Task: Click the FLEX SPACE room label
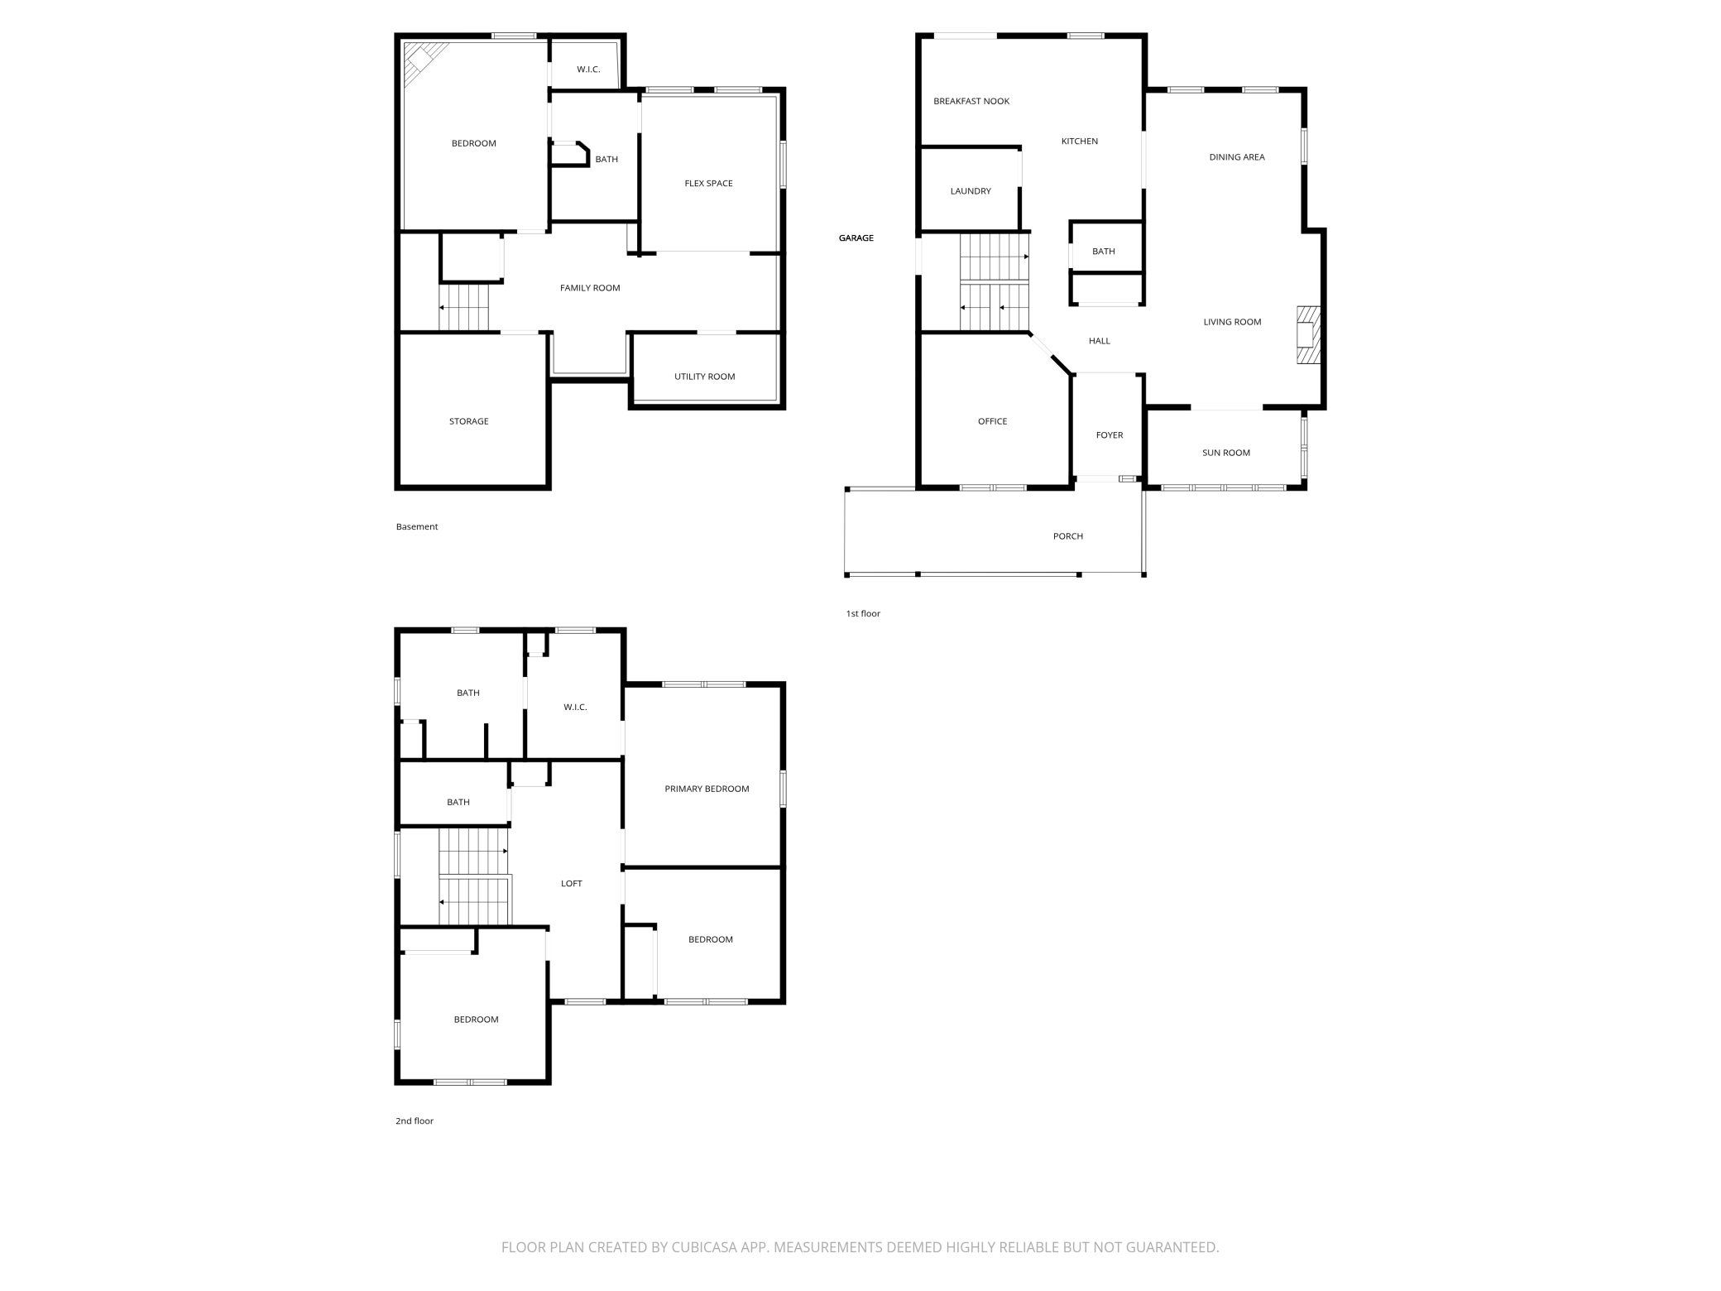tap(708, 184)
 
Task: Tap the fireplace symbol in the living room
tap(1307, 334)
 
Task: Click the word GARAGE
tap(856, 238)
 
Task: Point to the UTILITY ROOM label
tap(704, 377)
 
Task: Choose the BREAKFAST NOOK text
tap(971, 102)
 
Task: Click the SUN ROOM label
tap(1225, 453)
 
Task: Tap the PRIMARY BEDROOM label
tap(707, 789)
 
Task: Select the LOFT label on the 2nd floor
tap(571, 884)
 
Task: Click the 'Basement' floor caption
tap(416, 527)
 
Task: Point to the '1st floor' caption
tap(862, 614)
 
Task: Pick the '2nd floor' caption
tap(414, 1121)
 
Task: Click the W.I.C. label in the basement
tap(588, 70)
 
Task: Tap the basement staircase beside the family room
tap(464, 307)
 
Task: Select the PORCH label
tap(1067, 536)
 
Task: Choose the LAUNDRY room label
tap(970, 191)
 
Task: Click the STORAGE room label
tap(468, 421)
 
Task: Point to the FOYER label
tap(1109, 435)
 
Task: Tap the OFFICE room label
tap(992, 421)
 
